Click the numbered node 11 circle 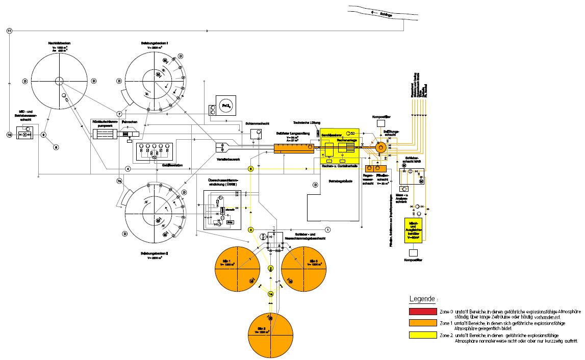coord(9,31)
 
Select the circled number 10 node coord(9,135)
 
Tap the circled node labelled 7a coord(119,181)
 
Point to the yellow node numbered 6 coord(251,168)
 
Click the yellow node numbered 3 coord(251,230)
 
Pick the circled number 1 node coord(328,230)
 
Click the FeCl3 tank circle coord(225,106)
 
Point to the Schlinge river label coord(387,15)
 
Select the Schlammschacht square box coord(257,134)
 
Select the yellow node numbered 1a coord(271,293)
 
